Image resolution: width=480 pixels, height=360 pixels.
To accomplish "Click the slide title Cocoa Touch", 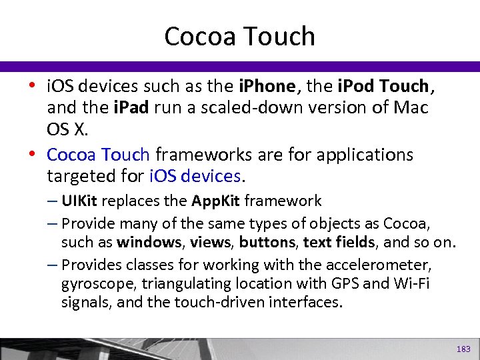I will (x=239, y=36).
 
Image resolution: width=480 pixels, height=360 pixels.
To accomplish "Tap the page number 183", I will (x=463, y=349).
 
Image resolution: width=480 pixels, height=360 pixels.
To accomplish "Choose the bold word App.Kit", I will (x=215, y=201).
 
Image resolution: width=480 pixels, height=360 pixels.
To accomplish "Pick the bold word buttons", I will (x=266, y=241).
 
